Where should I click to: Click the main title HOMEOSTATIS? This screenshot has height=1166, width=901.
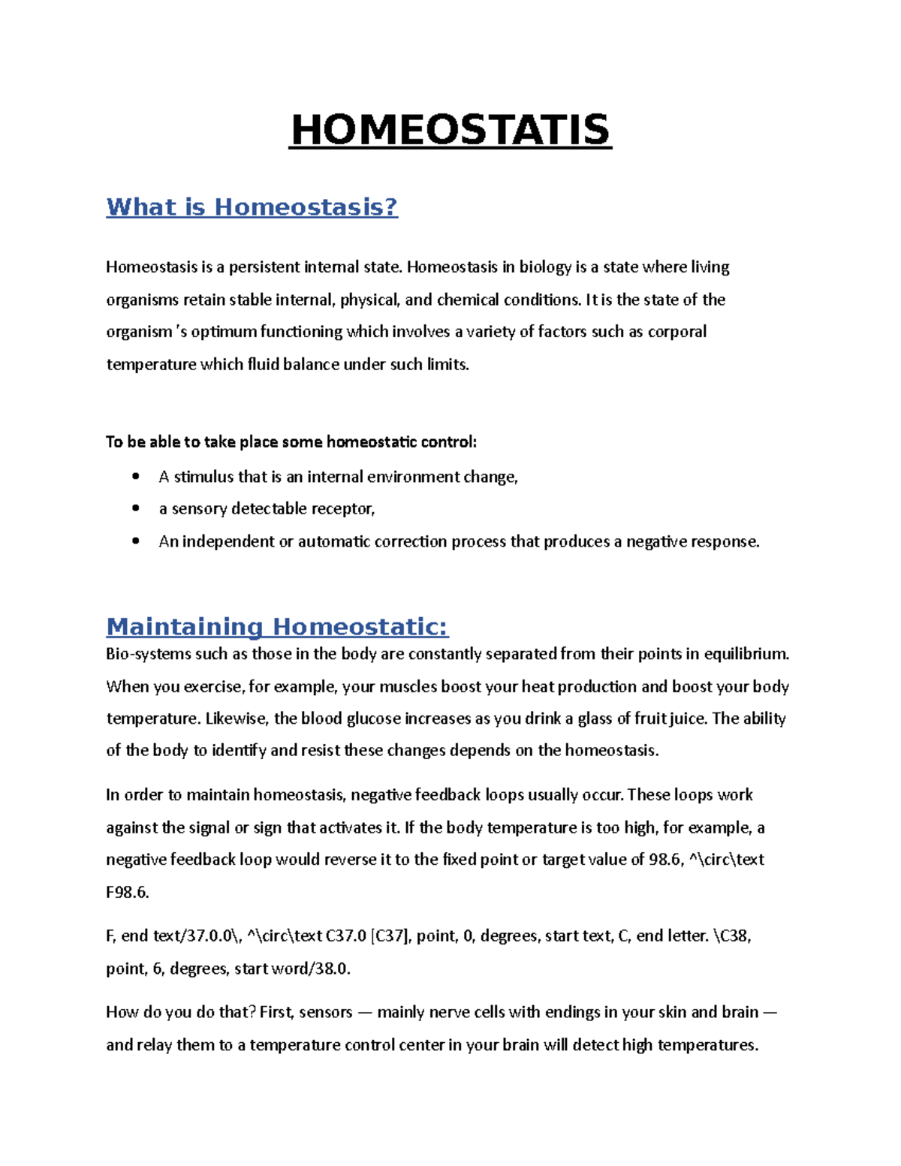(450, 131)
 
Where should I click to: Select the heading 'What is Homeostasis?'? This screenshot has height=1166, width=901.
(252, 206)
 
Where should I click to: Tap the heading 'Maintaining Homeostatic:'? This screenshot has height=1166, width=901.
(277, 626)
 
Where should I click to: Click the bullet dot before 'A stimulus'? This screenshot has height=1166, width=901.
(135, 476)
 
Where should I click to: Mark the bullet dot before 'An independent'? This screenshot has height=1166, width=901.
(135, 541)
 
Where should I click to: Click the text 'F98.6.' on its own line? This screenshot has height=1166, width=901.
(128, 893)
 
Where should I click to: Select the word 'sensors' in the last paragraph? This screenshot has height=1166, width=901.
(326, 1012)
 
